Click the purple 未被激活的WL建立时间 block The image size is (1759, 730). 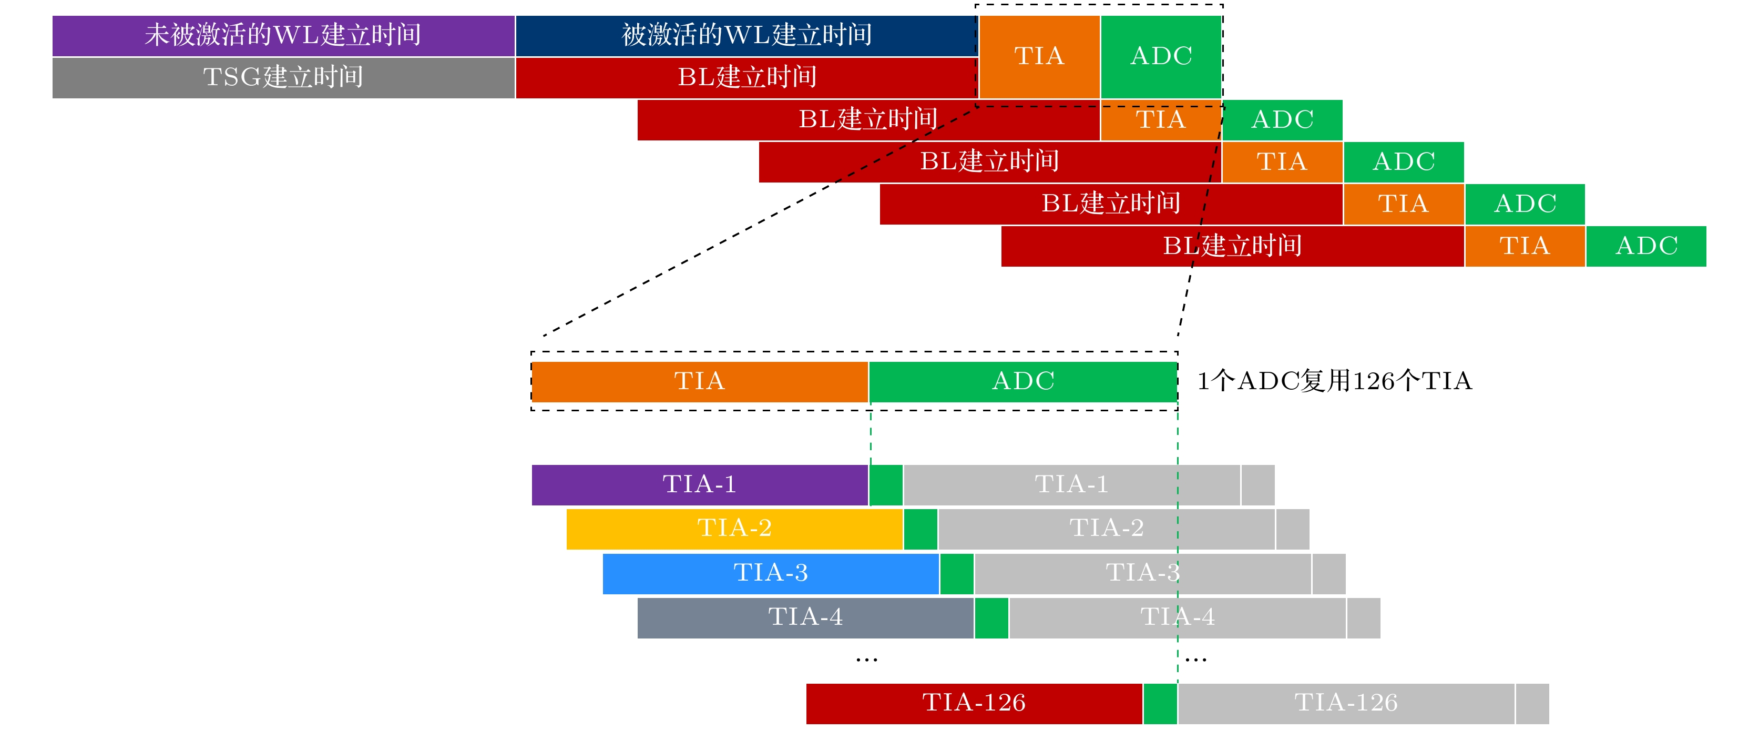(283, 36)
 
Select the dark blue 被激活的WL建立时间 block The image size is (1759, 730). (746, 36)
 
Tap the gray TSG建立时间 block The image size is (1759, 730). (283, 78)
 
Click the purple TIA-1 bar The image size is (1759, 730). (699, 485)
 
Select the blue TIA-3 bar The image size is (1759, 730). (770, 573)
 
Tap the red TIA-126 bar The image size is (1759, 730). (974, 703)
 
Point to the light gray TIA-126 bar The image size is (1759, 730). (1346, 703)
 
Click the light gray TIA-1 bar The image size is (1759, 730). (1071, 485)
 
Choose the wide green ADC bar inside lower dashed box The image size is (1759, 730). (1023, 382)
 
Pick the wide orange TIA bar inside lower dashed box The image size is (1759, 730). (699, 382)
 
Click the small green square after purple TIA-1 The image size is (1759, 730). (886, 485)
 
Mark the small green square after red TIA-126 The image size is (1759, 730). (1160, 703)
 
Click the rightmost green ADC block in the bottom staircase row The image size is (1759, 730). (1645, 246)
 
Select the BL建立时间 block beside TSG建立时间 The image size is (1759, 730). (746, 78)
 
